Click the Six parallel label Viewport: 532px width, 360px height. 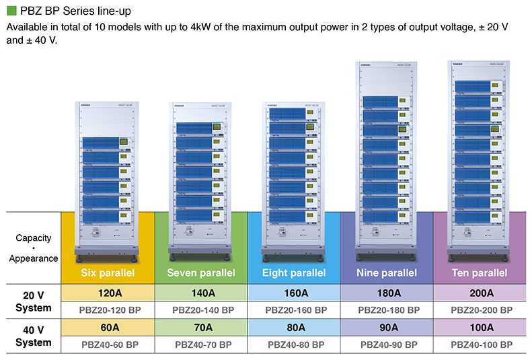click(108, 273)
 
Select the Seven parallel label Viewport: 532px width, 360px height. click(201, 273)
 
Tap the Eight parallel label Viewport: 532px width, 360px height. click(295, 273)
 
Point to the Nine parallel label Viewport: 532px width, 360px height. click(387, 273)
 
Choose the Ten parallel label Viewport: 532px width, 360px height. click(480, 273)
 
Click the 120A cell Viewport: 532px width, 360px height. click(108, 293)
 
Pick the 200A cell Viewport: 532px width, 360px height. click(480, 293)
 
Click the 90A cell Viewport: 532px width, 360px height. click(387, 328)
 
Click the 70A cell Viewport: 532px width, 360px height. click(201, 328)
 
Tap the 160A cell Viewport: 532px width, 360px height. click(295, 293)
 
